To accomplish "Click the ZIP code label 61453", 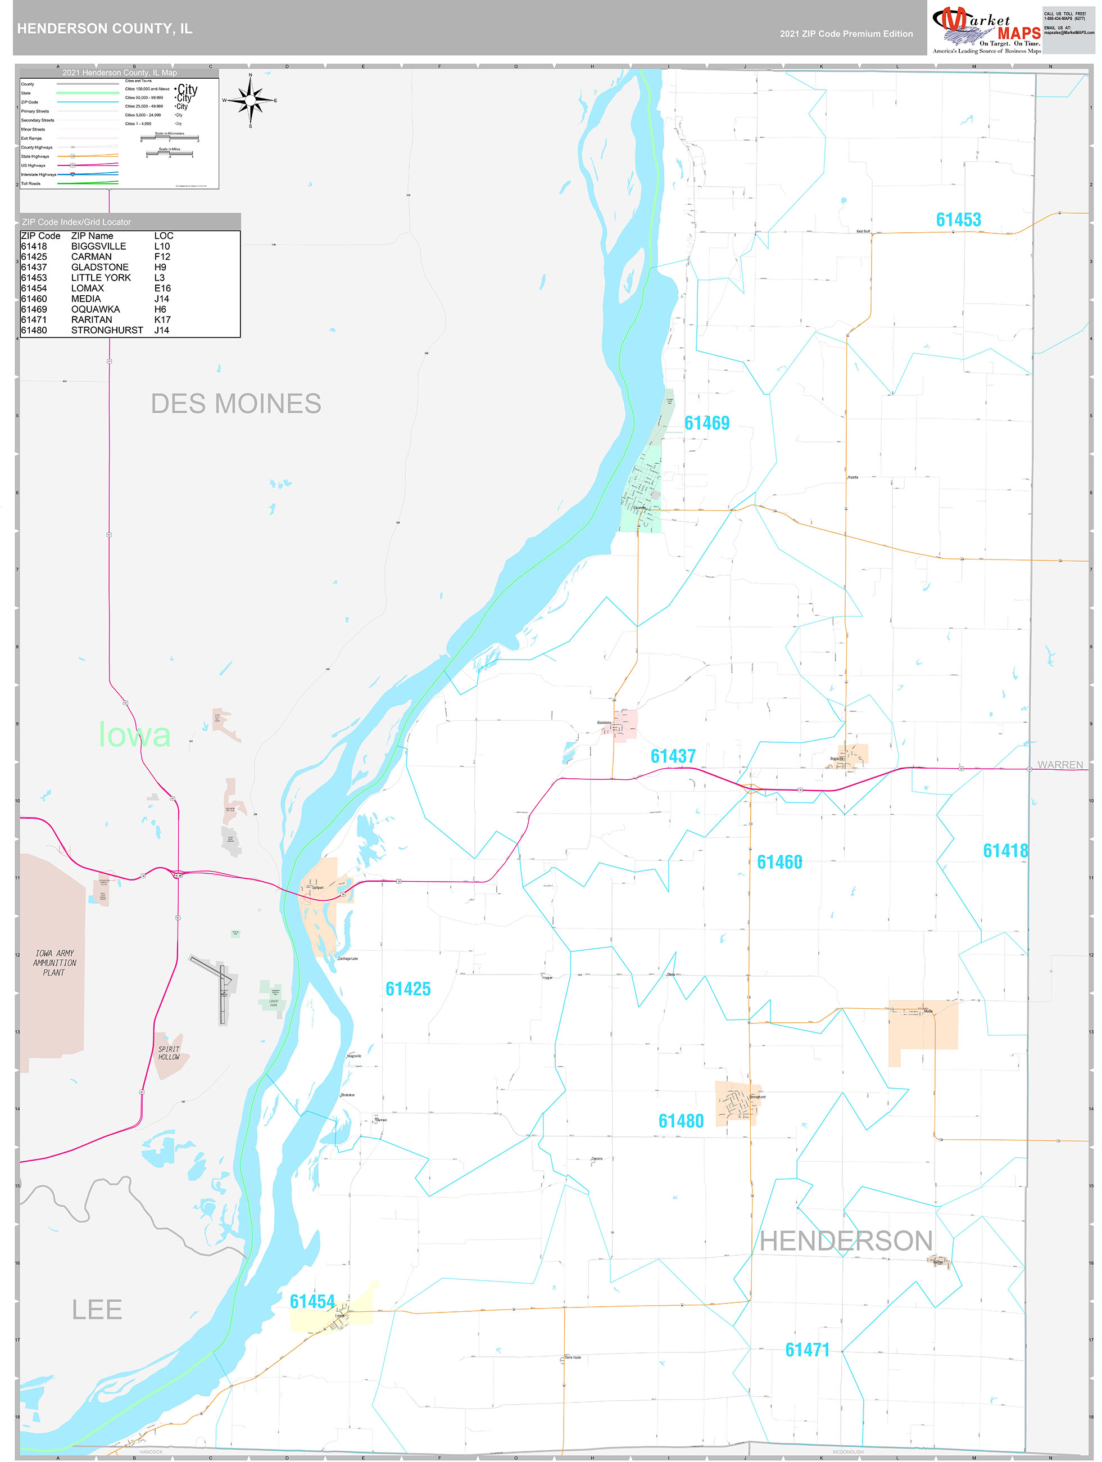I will click(958, 219).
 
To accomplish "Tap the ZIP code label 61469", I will click(706, 423).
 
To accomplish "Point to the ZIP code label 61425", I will click(407, 989).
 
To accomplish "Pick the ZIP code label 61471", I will click(806, 1350).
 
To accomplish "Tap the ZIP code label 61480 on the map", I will click(681, 1121).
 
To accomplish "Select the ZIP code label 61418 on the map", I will click(1005, 851).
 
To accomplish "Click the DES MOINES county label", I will click(236, 404).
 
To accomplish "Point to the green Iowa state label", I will click(135, 735).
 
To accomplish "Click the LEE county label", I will click(97, 1309).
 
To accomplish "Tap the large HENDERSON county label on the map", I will click(846, 1240).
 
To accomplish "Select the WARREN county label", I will click(1060, 765).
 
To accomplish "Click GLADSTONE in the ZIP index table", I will click(100, 267).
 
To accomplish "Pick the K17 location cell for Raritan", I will click(162, 319).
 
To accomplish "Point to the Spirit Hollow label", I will click(169, 1053).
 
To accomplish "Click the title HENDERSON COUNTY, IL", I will click(105, 29).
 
